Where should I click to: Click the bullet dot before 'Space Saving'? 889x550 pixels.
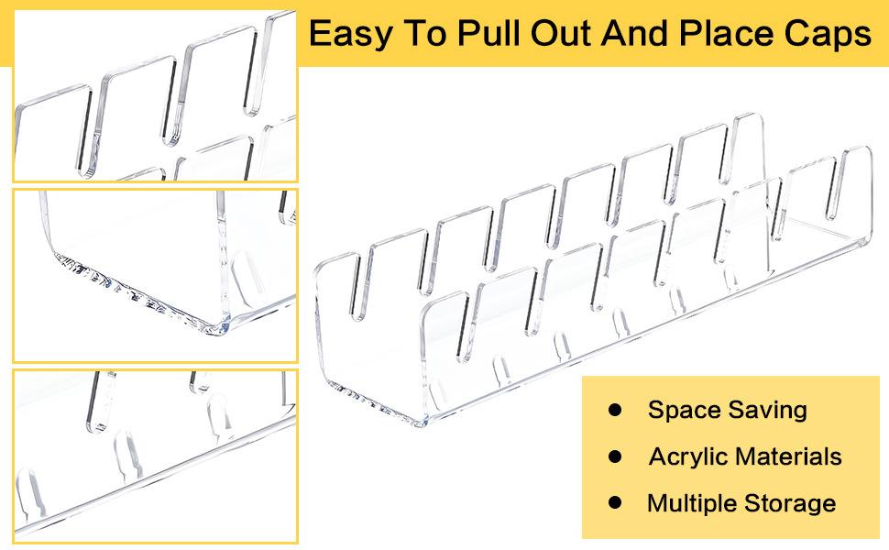click(615, 410)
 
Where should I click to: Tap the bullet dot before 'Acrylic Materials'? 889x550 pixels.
click(615, 456)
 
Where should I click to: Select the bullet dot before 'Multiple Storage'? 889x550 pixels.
click(615, 502)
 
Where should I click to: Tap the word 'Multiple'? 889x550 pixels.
click(692, 503)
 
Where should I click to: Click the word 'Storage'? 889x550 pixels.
click(790, 504)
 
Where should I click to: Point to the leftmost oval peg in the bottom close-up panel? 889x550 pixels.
click(30, 491)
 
